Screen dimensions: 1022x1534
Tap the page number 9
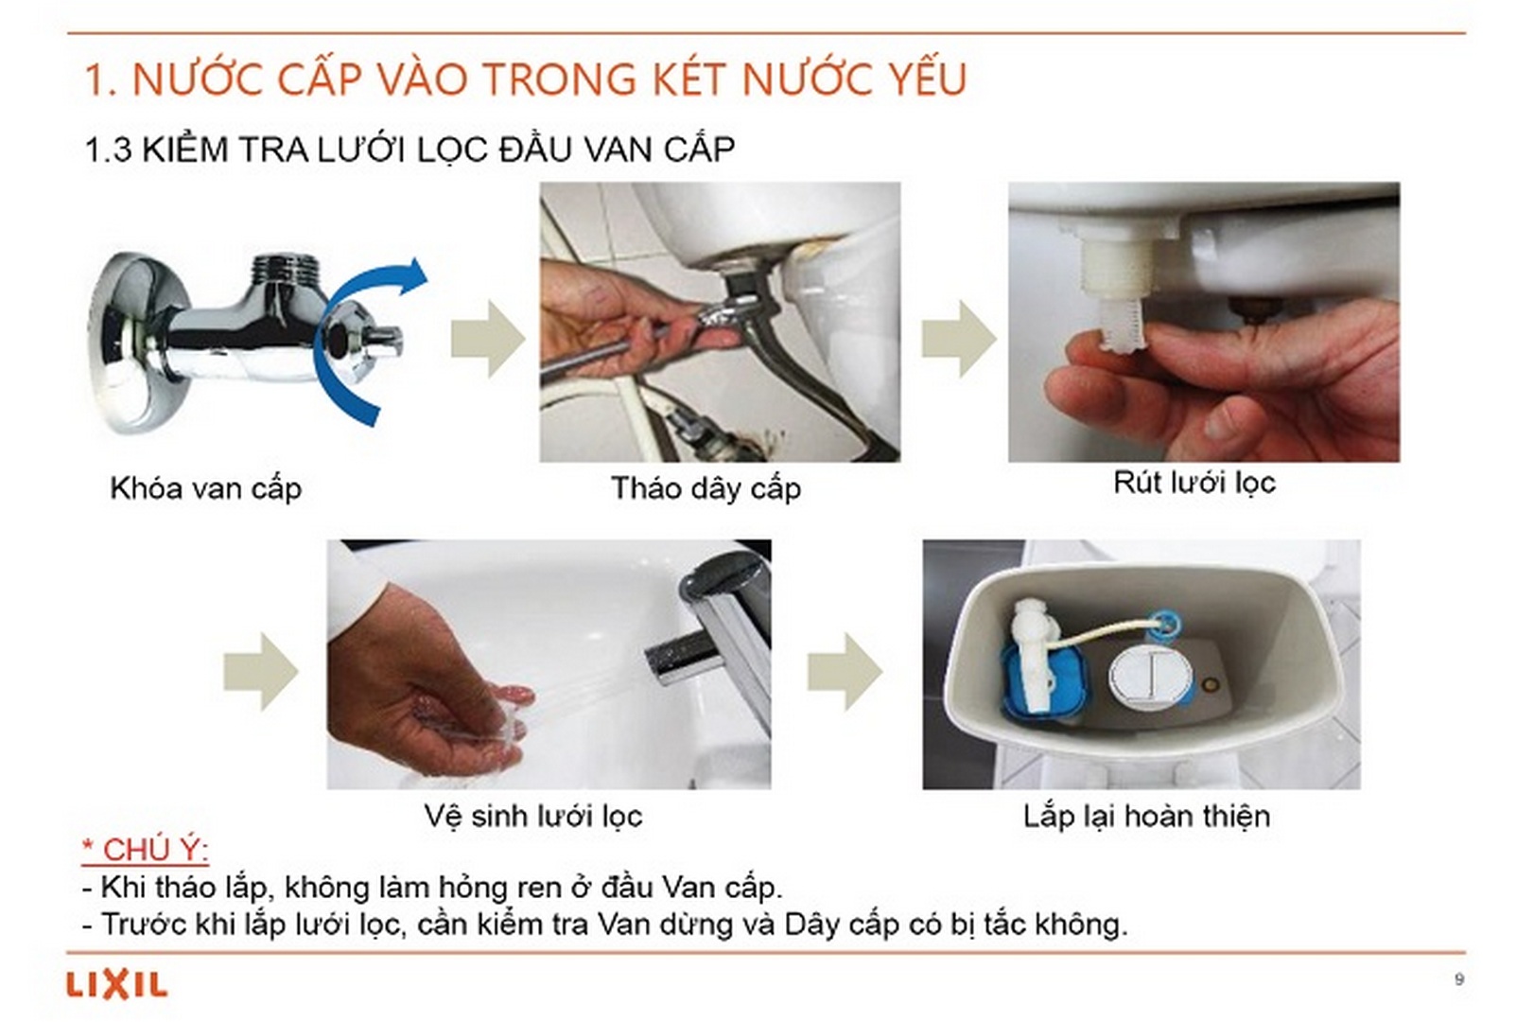1459,979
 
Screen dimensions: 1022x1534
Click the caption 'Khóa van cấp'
206,488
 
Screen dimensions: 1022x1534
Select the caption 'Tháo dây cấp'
706,488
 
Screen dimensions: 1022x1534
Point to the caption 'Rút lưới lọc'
1194,483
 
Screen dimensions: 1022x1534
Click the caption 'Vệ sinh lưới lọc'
532,816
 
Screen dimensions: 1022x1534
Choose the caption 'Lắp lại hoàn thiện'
1145,816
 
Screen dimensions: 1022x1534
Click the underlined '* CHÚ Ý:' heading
146,849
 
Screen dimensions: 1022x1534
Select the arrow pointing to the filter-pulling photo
958,338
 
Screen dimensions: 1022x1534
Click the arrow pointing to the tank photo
844,671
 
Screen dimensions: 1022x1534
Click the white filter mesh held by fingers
1122,322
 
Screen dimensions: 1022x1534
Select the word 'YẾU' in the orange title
928,79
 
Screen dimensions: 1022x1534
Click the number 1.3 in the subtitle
108,150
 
